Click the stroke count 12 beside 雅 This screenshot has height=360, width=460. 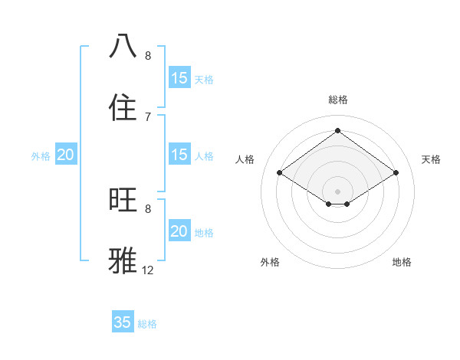pos(148,270)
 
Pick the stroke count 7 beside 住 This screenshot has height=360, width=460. pos(148,116)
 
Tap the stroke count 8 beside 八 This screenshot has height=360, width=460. pos(148,55)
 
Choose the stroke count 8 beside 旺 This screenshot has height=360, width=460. pos(148,208)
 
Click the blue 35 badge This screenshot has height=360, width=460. pos(123,322)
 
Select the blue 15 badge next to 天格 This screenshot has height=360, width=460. pos(179,77)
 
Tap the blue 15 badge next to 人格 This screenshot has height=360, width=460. pos(179,155)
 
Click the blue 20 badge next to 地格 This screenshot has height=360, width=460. pos(179,231)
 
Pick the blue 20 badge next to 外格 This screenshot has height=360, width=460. pos(66,155)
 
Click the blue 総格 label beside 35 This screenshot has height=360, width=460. pos(147,324)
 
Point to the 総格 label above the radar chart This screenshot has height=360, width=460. pos(338,100)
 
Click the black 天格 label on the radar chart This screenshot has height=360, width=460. pos(432,159)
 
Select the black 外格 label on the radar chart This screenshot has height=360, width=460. pos(270,262)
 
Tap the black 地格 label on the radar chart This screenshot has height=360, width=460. pos(402,262)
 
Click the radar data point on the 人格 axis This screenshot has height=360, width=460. pos(280,173)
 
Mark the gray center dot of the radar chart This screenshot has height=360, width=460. pos(338,191)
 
